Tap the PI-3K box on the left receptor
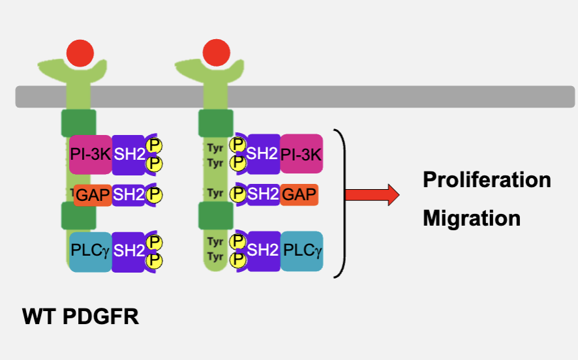[x=90, y=155]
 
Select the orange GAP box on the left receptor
[x=92, y=194]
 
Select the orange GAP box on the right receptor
[x=299, y=194]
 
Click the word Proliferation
[x=487, y=179]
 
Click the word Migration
[x=472, y=218]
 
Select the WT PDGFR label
[x=80, y=318]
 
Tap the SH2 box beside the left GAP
[x=128, y=194]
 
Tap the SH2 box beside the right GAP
[x=263, y=194]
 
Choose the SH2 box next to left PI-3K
[x=129, y=155]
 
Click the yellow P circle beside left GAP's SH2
[x=154, y=194]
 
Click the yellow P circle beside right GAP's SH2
[x=239, y=194]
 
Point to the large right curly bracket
[x=340, y=202]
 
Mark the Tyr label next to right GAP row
[x=215, y=194]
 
